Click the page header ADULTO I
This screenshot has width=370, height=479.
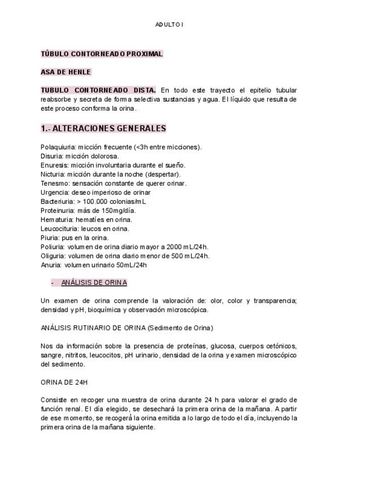click(169, 25)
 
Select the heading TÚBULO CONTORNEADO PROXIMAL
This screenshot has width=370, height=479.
click(102, 54)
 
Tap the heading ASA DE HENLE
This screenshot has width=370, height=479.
click(66, 72)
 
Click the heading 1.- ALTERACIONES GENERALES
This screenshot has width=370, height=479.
click(103, 128)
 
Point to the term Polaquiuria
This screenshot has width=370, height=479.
click(58, 147)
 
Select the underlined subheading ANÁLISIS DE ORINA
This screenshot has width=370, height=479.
click(94, 282)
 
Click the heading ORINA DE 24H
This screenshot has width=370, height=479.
click(64, 382)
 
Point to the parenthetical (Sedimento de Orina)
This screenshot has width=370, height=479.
click(180, 328)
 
